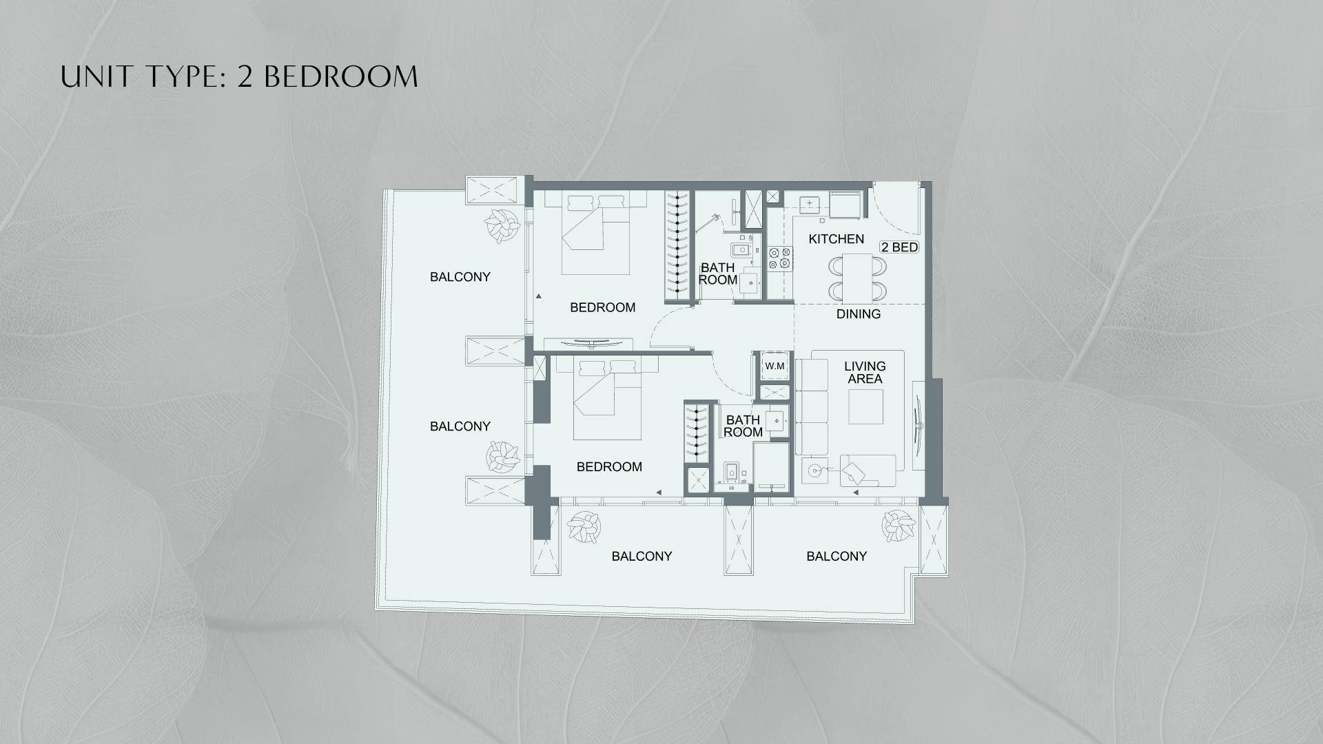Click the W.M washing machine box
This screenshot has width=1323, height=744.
[775, 366]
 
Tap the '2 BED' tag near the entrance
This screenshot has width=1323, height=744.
[899, 247]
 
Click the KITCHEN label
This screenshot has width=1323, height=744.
[836, 239]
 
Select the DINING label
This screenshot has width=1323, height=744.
[858, 314]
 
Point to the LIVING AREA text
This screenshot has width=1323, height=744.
[865, 373]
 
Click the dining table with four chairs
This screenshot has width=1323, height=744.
[857, 277]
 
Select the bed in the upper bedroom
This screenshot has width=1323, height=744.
[596, 234]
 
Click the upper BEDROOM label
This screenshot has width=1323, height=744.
[602, 307]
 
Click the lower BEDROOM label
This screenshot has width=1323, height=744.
[609, 467]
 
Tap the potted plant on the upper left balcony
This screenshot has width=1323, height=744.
[501, 225]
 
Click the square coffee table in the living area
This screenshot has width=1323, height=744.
[865, 407]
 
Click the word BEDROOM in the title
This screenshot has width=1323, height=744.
[340, 76]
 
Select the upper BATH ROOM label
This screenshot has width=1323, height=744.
[717, 273]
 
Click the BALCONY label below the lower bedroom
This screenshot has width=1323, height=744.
[642, 557]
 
